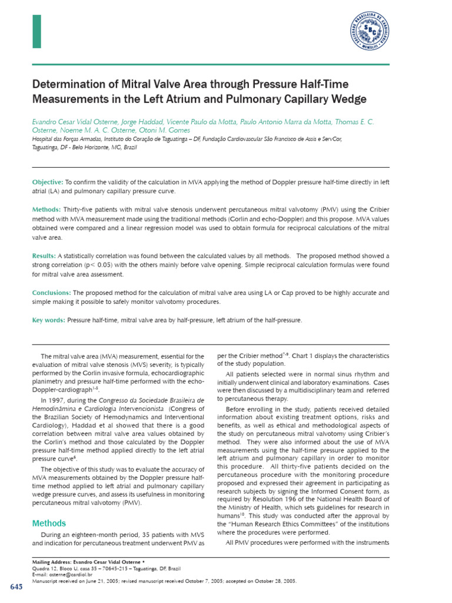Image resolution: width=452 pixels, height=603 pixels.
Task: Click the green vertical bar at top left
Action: [x=36, y=31]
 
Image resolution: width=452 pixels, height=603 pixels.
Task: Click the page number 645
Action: [x=16, y=588]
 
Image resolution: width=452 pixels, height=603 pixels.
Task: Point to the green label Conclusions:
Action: [x=52, y=293]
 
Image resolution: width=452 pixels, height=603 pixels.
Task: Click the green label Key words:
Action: [x=49, y=320]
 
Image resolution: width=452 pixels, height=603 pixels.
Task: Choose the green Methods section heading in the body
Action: [x=49, y=524]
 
